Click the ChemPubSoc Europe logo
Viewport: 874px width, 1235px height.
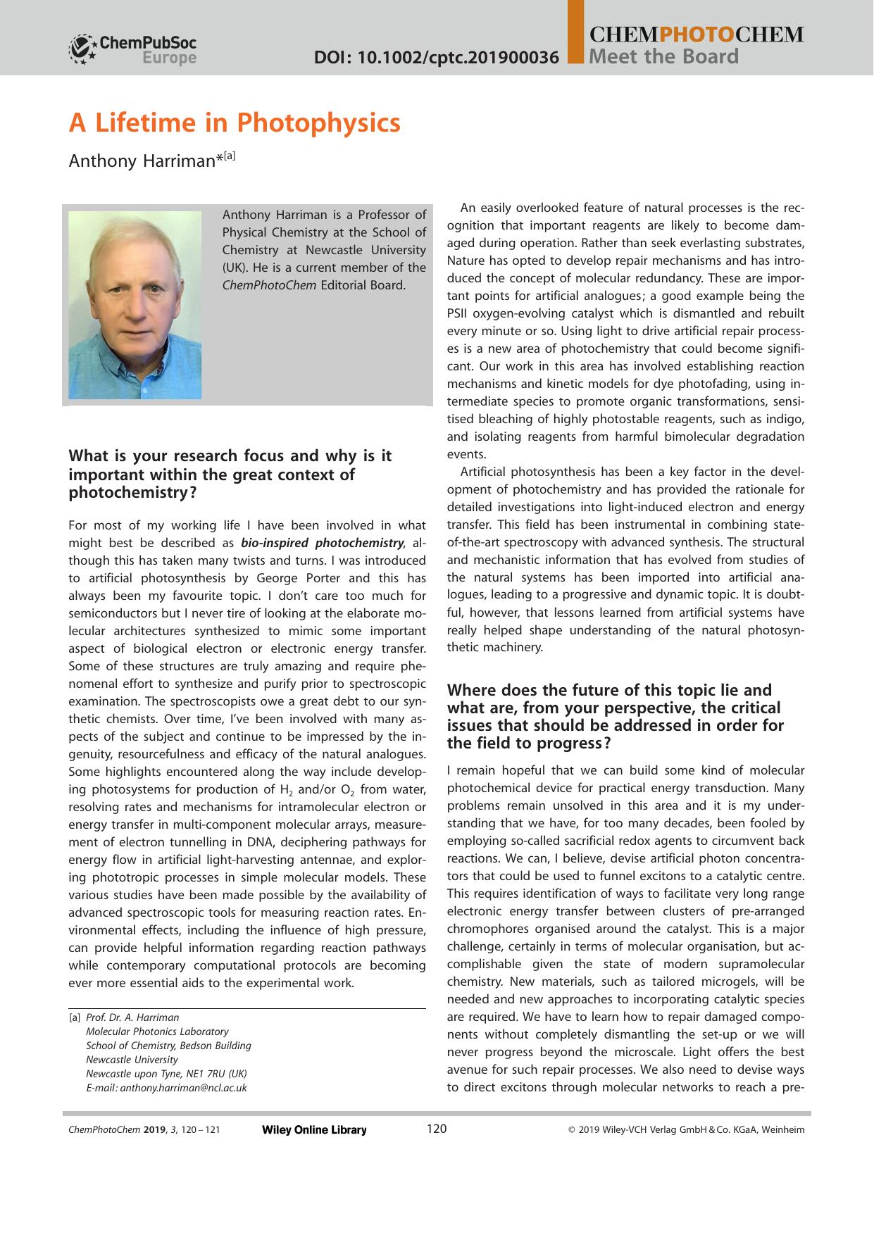(x=133, y=49)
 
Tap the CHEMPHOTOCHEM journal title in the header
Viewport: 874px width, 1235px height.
(x=696, y=35)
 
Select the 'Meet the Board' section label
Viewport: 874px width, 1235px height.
(x=663, y=56)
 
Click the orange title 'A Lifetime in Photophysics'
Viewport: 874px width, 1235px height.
(x=235, y=123)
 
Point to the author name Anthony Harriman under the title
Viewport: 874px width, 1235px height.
(x=141, y=161)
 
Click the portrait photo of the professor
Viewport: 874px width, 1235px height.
(x=135, y=305)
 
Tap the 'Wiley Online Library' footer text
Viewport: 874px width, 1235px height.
(x=314, y=1130)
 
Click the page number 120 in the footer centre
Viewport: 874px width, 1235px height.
(x=437, y=1129)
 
